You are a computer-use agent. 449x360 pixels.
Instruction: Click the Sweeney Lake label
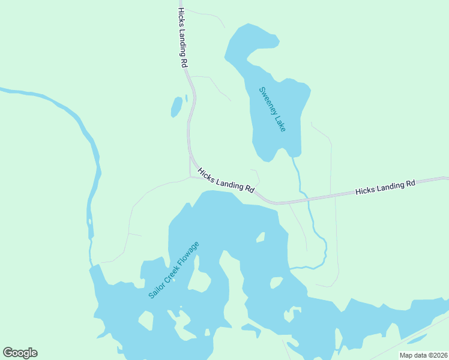272,110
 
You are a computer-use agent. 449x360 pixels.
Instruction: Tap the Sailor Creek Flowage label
173,270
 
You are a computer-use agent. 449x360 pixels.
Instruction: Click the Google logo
20,353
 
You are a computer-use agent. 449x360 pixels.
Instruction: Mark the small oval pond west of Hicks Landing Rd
176,107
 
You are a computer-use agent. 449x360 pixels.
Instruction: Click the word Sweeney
267,101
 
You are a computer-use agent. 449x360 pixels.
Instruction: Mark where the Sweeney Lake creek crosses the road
306,198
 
